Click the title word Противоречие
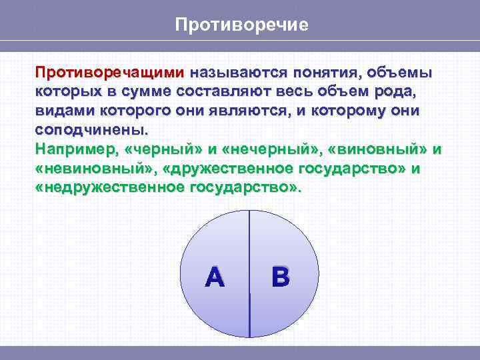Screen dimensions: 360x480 241,25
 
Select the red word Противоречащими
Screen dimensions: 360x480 110,71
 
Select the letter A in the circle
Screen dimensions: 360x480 215,277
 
